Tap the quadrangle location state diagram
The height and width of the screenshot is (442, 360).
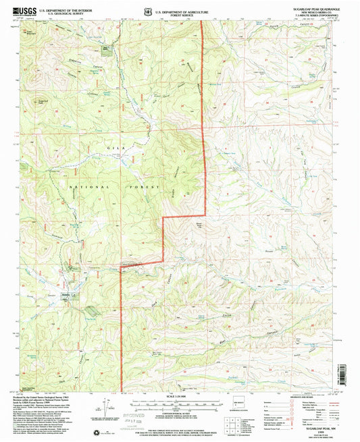pos(240,407)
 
